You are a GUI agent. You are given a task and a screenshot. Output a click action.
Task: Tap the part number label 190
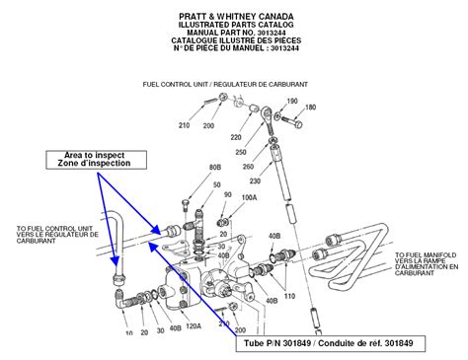point(291,102)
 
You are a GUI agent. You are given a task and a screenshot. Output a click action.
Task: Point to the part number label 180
point(310,108)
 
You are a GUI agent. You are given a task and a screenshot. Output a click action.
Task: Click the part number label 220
point(236,136)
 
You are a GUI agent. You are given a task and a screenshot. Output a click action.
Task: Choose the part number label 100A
point(249,198)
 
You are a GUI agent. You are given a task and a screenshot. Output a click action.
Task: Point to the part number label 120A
point(192,325)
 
